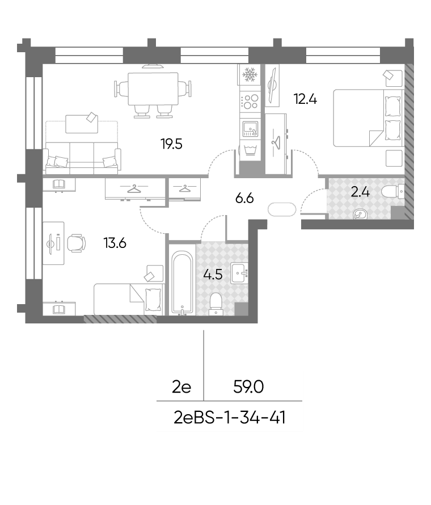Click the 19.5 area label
tap(172, 144)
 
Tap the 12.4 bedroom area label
tap(305, 99)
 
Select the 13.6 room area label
tap(115, 243)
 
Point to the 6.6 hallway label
tap(244, 198)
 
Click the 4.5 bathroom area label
tap(213, 275)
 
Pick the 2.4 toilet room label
tap(360, 192)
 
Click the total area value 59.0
tap(248, 386)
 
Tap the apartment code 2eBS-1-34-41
tap(230, 418)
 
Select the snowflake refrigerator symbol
tap(249, 74)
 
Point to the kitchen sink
tap(251, 129)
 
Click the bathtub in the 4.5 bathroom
tap(182, 283)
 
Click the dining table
tap(153, 89)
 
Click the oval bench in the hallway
tap(282, 209)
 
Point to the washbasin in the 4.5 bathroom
tap(239, 273)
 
